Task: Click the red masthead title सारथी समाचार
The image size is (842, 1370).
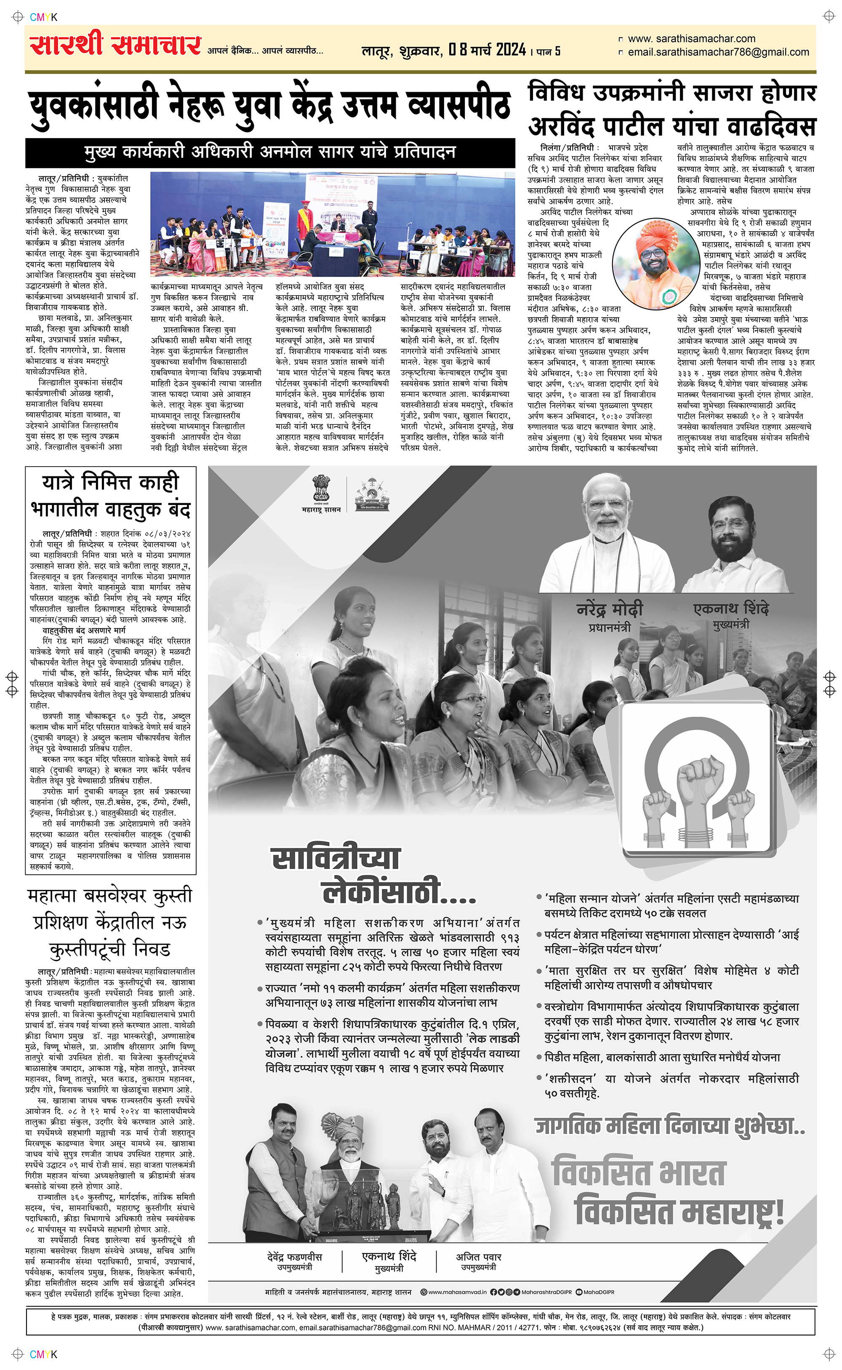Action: pos(115,45)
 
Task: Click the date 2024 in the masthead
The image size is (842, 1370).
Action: pos(511,50)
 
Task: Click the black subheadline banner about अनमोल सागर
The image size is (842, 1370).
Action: pos(270,152)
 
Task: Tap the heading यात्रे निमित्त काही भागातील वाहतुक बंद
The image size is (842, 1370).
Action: pos(110,495)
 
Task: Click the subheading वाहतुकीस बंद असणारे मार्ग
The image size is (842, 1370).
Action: pos(84,630)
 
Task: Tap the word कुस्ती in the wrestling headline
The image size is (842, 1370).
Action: pos(171,896)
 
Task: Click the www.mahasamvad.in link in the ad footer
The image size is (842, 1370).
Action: pos(457,1292)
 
